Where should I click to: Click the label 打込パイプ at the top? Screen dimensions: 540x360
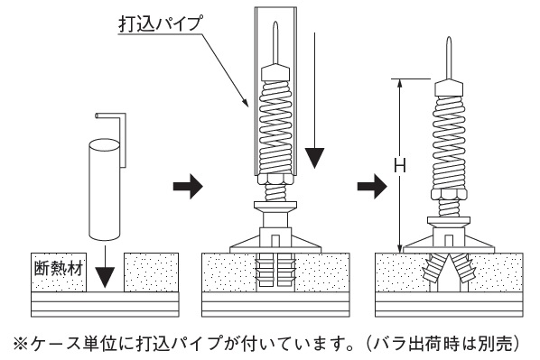click(160, 23)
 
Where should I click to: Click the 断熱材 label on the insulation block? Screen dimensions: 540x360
click(59, 269)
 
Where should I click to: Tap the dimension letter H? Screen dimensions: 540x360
click(399, 165)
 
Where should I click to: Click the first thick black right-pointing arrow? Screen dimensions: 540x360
click(188, 187)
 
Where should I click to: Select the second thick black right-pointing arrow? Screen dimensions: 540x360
click(372, 187)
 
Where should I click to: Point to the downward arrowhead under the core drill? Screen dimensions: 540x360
click(105, 277)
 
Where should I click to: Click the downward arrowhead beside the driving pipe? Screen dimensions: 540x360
click(314, 158)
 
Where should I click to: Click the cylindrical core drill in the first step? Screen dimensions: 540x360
click(105, 189)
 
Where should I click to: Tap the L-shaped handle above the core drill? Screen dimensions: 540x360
click(114, 138)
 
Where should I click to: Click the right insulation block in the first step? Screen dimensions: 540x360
click(151, 272)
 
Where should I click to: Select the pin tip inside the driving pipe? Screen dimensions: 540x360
click(275, 42)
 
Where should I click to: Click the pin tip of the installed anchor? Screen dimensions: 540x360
click(449, 57)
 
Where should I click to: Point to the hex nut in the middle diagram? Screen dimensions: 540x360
click(275, 179)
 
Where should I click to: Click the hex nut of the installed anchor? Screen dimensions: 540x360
click(449, 193)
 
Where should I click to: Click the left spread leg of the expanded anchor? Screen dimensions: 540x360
click(434, 271)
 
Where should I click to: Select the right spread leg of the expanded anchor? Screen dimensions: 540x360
click(463, 271)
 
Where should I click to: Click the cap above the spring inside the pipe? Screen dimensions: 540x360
click(275, 72)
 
